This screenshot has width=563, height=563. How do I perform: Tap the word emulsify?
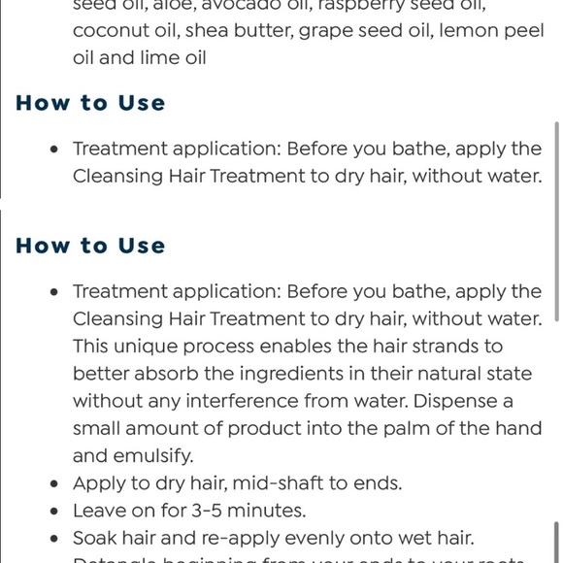[x=149, y=455]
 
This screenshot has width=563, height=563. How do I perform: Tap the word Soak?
[x=95, y=537]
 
